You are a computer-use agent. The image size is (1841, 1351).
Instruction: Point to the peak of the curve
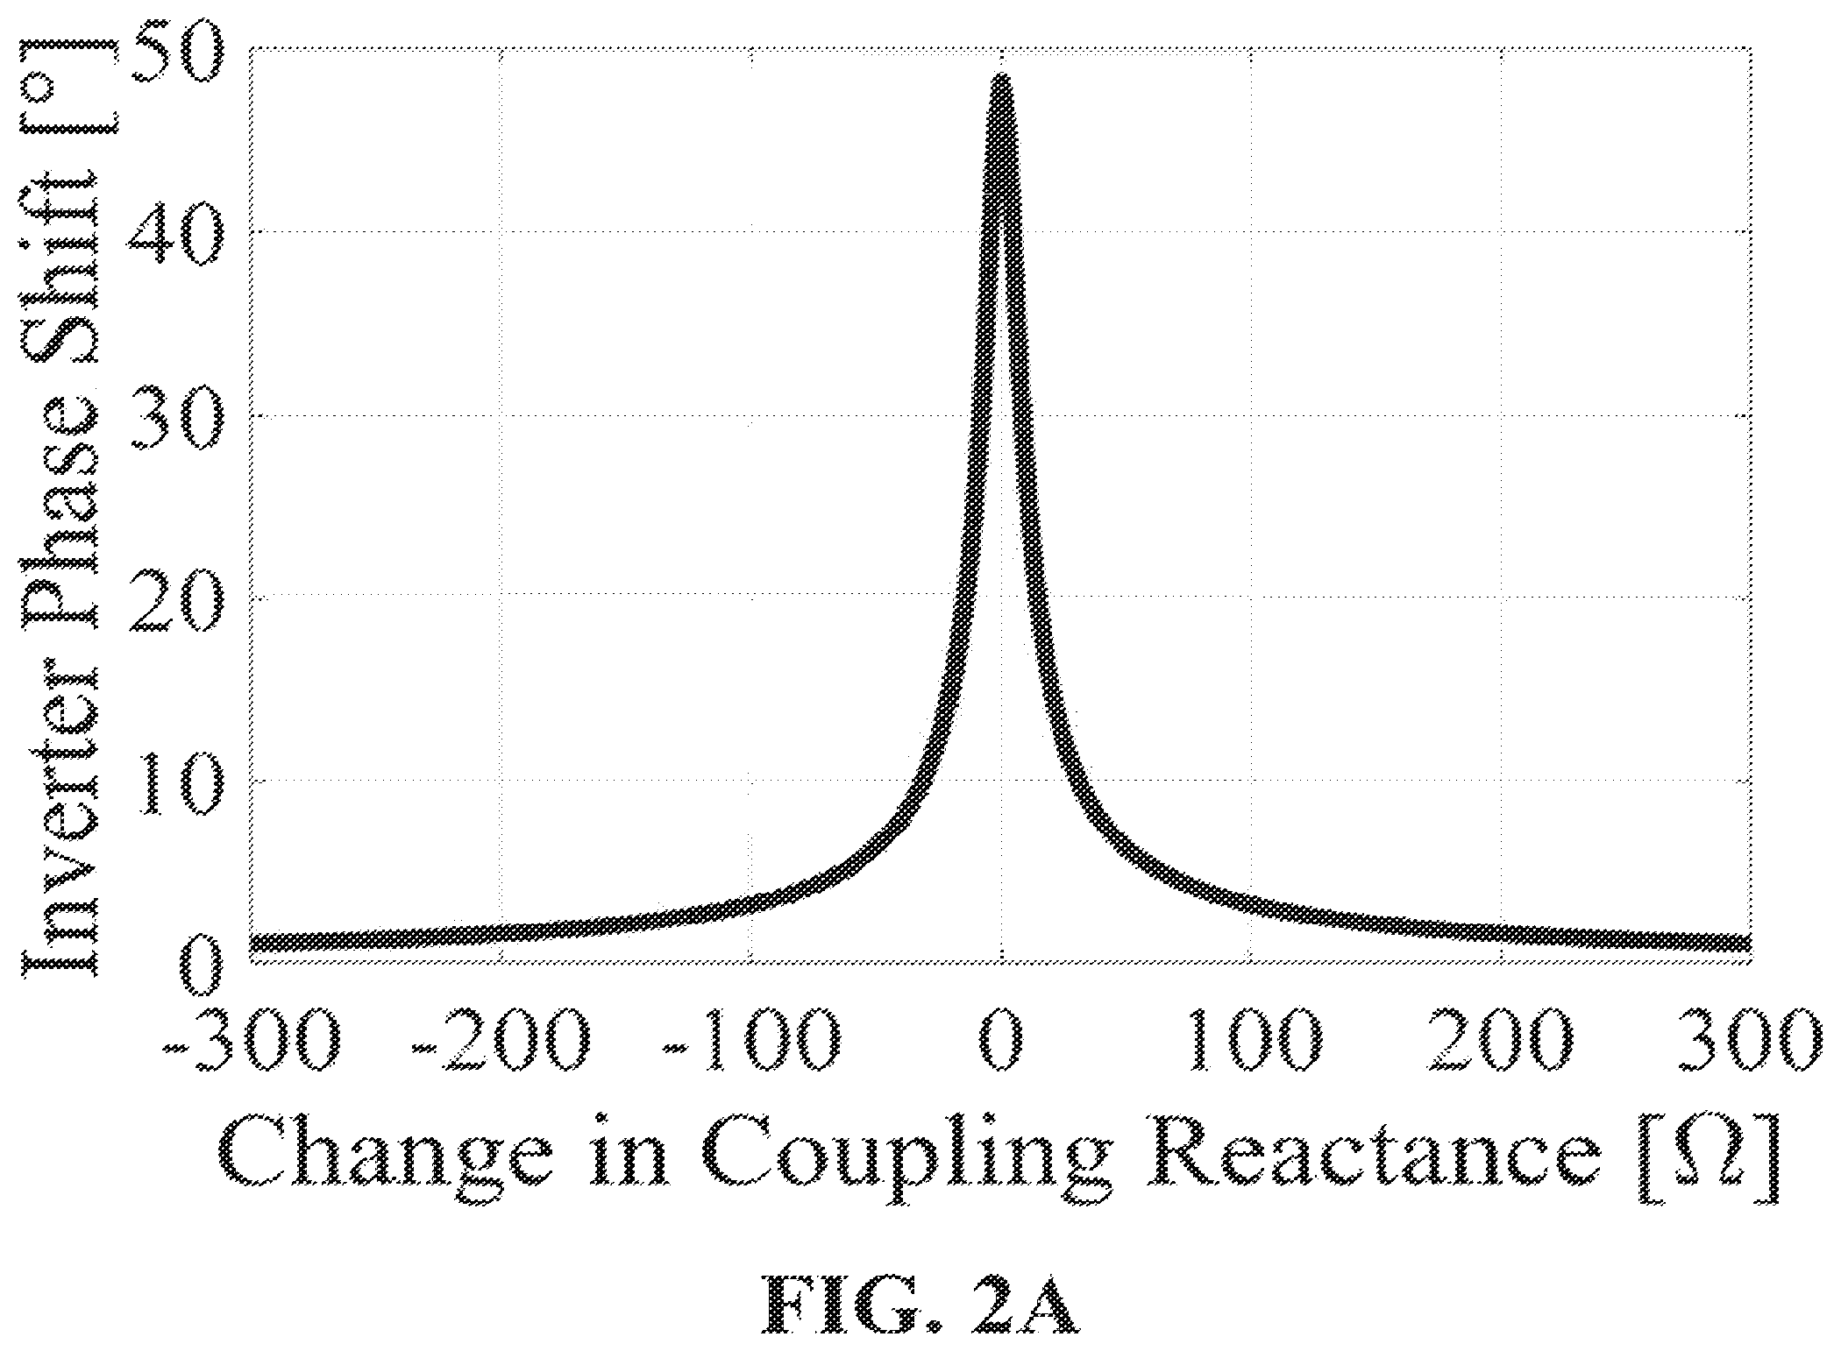[x=1001, y=77]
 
